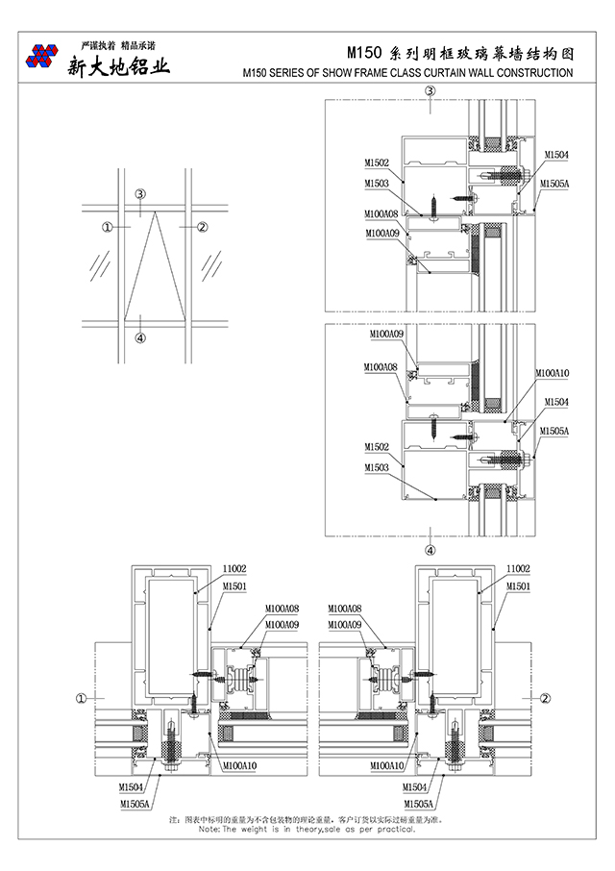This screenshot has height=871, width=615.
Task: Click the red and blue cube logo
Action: click(40, 57)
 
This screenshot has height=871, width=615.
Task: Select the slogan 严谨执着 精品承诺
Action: click(116, 44)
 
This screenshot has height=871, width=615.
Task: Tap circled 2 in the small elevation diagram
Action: click(202, 227)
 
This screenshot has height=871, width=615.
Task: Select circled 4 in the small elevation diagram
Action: click(140, 337)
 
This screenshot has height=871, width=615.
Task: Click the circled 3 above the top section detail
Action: click(430, 91)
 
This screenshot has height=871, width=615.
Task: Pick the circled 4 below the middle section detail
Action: click(430, 551)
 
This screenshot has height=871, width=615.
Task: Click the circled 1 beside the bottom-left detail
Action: click(82, 698)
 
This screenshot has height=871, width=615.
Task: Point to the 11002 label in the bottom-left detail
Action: click(235, 569)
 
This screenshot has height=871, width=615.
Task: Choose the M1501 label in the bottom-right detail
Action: click(519, 585)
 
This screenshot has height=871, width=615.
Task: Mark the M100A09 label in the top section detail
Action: click(381, 233)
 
